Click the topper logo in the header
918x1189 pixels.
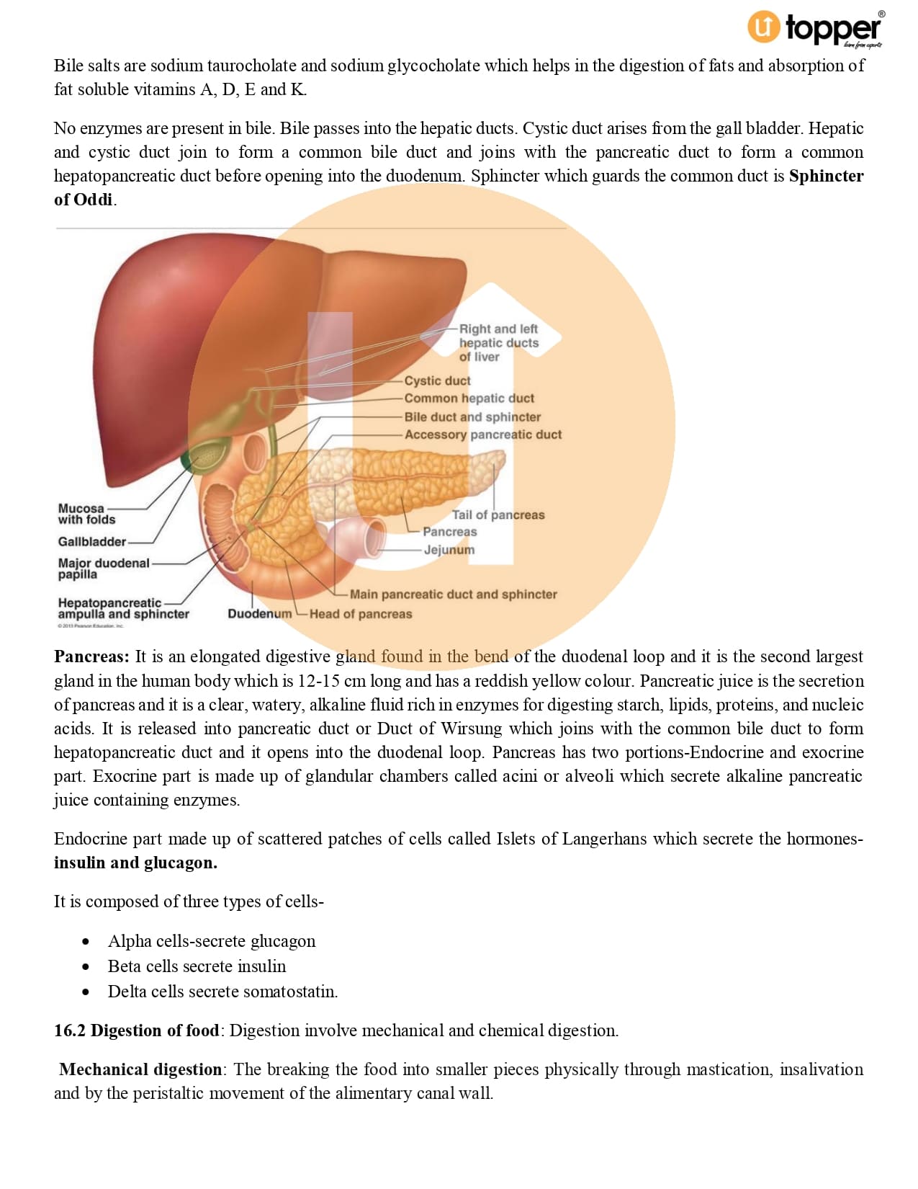pos(815,29)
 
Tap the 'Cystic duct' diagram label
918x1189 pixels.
pos(437,380)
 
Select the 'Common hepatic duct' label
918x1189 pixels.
pos(469,398)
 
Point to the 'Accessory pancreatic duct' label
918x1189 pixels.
pos(482,435)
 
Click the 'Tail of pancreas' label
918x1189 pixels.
pos(498,515)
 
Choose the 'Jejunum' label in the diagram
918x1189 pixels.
pos(449,550)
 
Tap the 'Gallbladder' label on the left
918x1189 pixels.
pos(91,542)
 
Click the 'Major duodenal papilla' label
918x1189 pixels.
pos(103,569)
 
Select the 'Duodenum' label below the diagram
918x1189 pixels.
pos(259,614)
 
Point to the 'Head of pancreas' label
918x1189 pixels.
pos(361,614)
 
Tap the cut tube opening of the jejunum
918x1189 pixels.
pos(375,538)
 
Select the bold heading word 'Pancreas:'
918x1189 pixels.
pos(91,656)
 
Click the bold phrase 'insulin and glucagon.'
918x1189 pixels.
pos(135,863)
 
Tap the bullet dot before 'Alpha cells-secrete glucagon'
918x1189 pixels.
pos(86,942)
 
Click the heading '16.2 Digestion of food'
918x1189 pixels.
pos(136,1030)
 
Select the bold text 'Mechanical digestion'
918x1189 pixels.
pos(140,1069)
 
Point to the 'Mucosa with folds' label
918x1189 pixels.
pos(86,514)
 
